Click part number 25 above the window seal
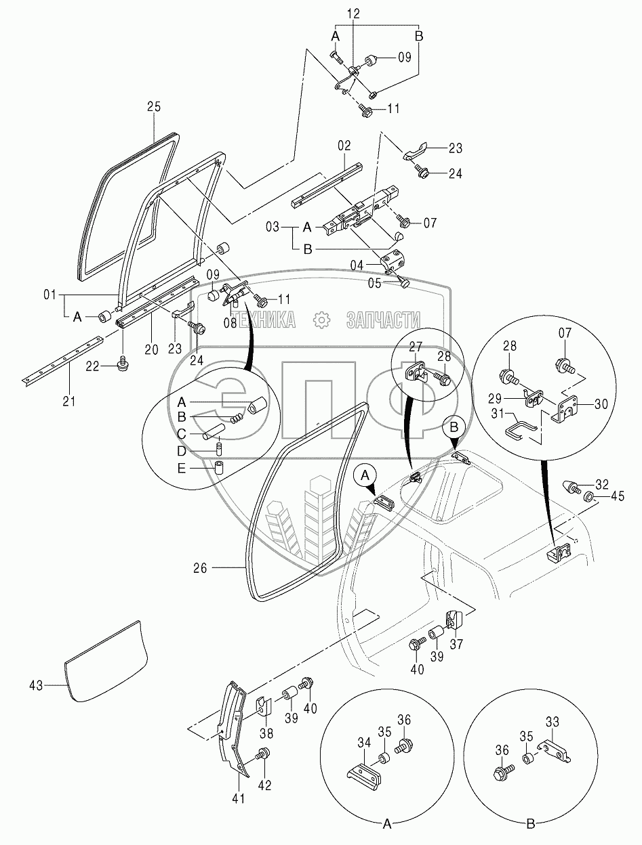(154, 106)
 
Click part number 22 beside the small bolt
(92, 366)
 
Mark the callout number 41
(238, 799)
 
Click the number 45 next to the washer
(616, 498)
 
